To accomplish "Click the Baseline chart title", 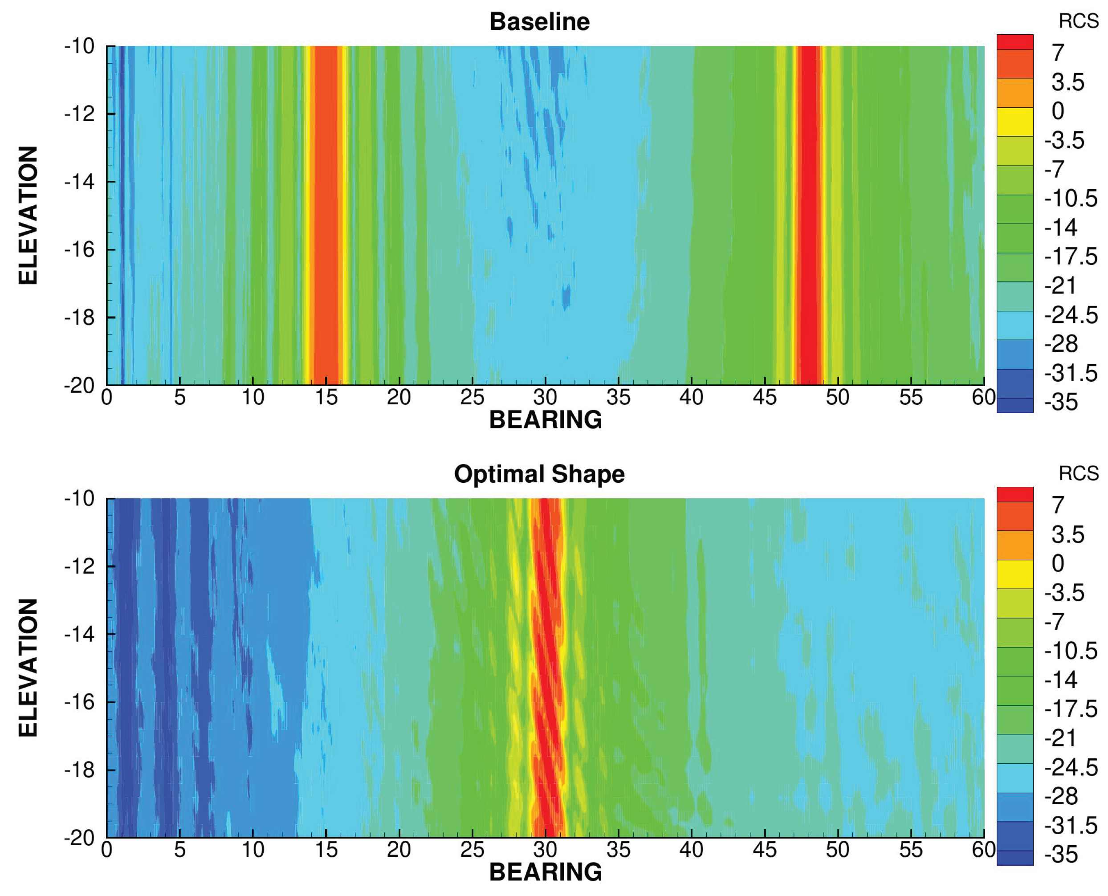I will [539, 22].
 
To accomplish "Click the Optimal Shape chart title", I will [539, 474].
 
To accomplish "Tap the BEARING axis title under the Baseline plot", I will [545, 419].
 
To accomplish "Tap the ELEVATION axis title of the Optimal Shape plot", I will [28, 668].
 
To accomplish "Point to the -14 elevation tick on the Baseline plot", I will [80, 182].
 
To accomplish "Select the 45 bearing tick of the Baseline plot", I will [764, 397].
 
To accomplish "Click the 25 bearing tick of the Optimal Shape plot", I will [472, 850].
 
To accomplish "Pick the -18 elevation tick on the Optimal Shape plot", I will [80, 770].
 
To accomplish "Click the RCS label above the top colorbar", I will [1078, 21].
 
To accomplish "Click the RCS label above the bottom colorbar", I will [1078, 473].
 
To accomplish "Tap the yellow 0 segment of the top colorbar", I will [1014, 122].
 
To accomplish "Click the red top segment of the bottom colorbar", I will [1014, 494].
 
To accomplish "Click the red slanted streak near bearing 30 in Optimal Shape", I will [547, 666].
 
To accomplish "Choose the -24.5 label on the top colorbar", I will [1070, 315].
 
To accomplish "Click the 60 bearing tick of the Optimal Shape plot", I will [983, 850].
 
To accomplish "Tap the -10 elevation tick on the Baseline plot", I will [80, 46].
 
